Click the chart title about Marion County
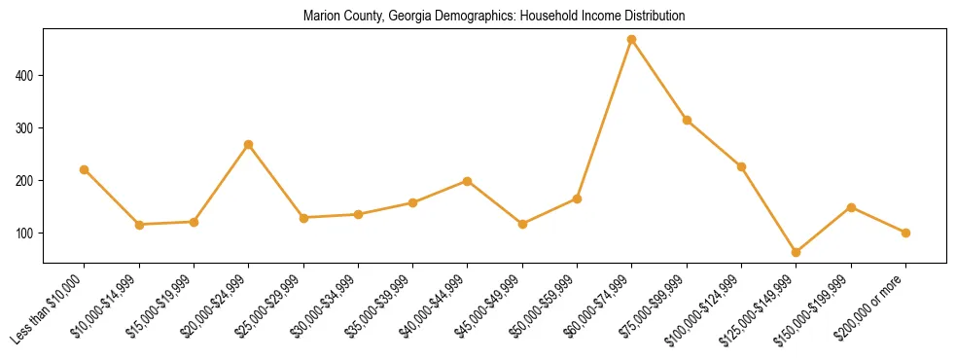tap(494, 17)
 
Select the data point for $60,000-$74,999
tap(632, 40)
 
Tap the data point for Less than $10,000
tap(85, 169)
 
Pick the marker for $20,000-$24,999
tap(249, 145)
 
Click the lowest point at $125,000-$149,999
tap(797, 252)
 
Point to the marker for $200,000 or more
tap(905, 233)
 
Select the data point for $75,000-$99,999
tap(687, 120)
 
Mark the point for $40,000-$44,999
tap(468, 181)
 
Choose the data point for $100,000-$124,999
tap(741, 166)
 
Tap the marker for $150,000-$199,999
tap(851, 207)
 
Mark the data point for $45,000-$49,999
tap(522, 224)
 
